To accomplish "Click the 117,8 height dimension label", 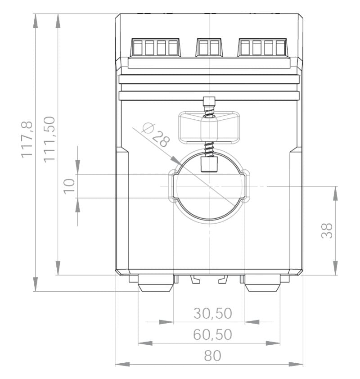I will (28, 140).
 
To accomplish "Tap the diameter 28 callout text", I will (155, 135).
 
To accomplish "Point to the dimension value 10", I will (68, 186).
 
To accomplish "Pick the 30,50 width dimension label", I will (213, 313).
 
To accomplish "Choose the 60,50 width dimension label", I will (213, 334).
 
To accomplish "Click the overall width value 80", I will (213, 356).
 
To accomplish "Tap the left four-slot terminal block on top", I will (155, 47).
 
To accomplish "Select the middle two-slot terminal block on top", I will (209, 47).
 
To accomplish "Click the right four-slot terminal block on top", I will (263, 47).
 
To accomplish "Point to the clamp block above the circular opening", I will (209, 128).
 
